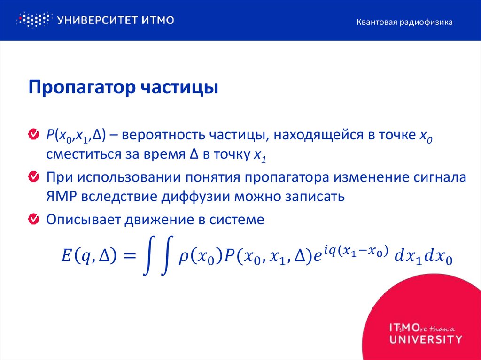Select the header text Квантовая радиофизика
point(404,22)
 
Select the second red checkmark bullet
point(34,177)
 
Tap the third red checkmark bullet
point(34,219)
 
